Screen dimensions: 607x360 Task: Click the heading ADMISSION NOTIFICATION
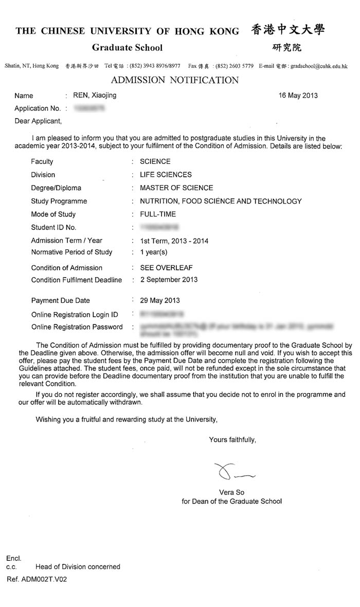(x=175, y=80)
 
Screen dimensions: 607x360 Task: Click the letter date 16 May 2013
(x=298, y=96)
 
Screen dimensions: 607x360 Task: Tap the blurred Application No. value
(x=89, y=108)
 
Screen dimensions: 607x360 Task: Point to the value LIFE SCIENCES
(x=166, y=175)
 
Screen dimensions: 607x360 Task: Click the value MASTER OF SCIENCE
(x=176, y=188)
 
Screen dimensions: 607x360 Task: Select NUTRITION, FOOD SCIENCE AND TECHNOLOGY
(x=221, y=201)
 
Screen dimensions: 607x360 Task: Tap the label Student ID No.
(x=53, y=227)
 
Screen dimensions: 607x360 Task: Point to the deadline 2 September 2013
(x=169, y=280)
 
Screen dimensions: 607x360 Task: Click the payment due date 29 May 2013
(x=160, y=301)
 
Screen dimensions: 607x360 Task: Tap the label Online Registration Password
(x=77, y=327)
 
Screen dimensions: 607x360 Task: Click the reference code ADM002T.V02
(x=44, y=579)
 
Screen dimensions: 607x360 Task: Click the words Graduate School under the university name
(x=127, y=48)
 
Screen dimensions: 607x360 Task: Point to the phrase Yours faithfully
(x=232, y=439)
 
